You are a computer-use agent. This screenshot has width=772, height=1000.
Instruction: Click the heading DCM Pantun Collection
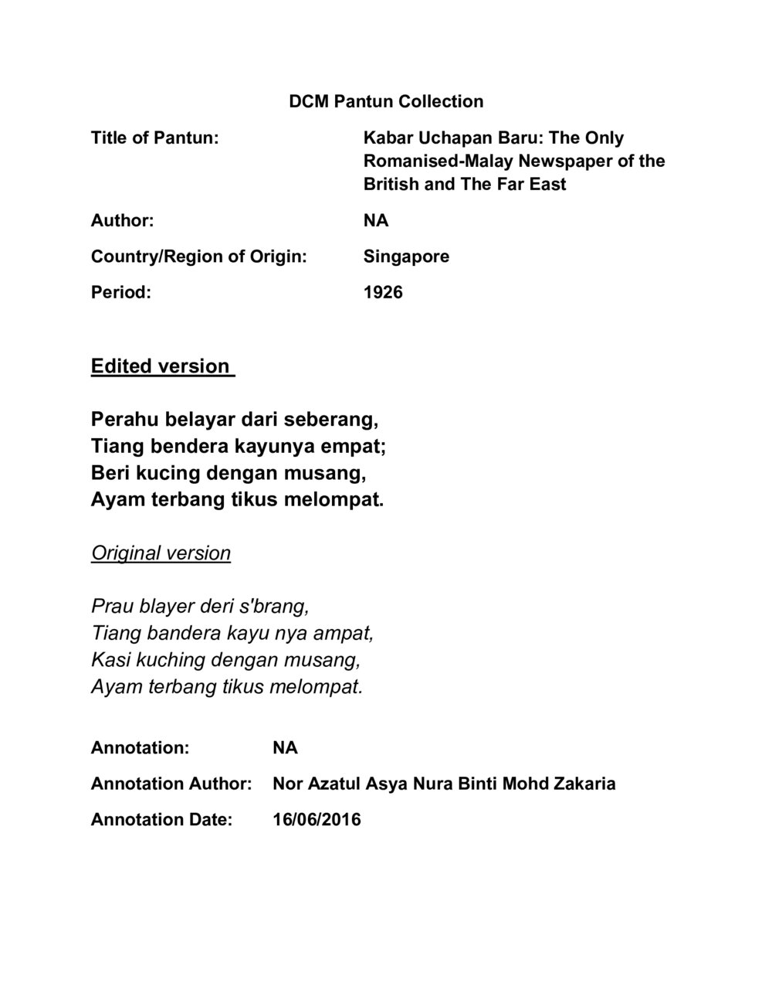[386, 101]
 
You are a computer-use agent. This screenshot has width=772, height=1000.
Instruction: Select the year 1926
[383, 292]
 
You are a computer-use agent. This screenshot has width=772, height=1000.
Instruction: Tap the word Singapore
[406, 257]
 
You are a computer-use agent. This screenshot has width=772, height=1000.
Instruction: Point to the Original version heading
[161, 553]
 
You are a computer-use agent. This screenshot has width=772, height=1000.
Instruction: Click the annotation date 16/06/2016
[317, 819]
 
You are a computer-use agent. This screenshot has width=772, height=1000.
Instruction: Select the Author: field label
[122, 221]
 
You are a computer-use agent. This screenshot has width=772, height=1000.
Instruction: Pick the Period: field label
[120, 292]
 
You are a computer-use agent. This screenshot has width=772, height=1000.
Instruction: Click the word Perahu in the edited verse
[120, 420]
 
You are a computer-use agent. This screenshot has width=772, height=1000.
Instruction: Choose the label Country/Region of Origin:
[198, 257]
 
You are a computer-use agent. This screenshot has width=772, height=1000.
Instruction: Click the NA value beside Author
[376, 221]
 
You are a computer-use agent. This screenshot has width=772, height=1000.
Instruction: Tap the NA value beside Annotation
[285, 748]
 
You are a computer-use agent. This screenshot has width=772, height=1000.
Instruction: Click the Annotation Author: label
[171, 784]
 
